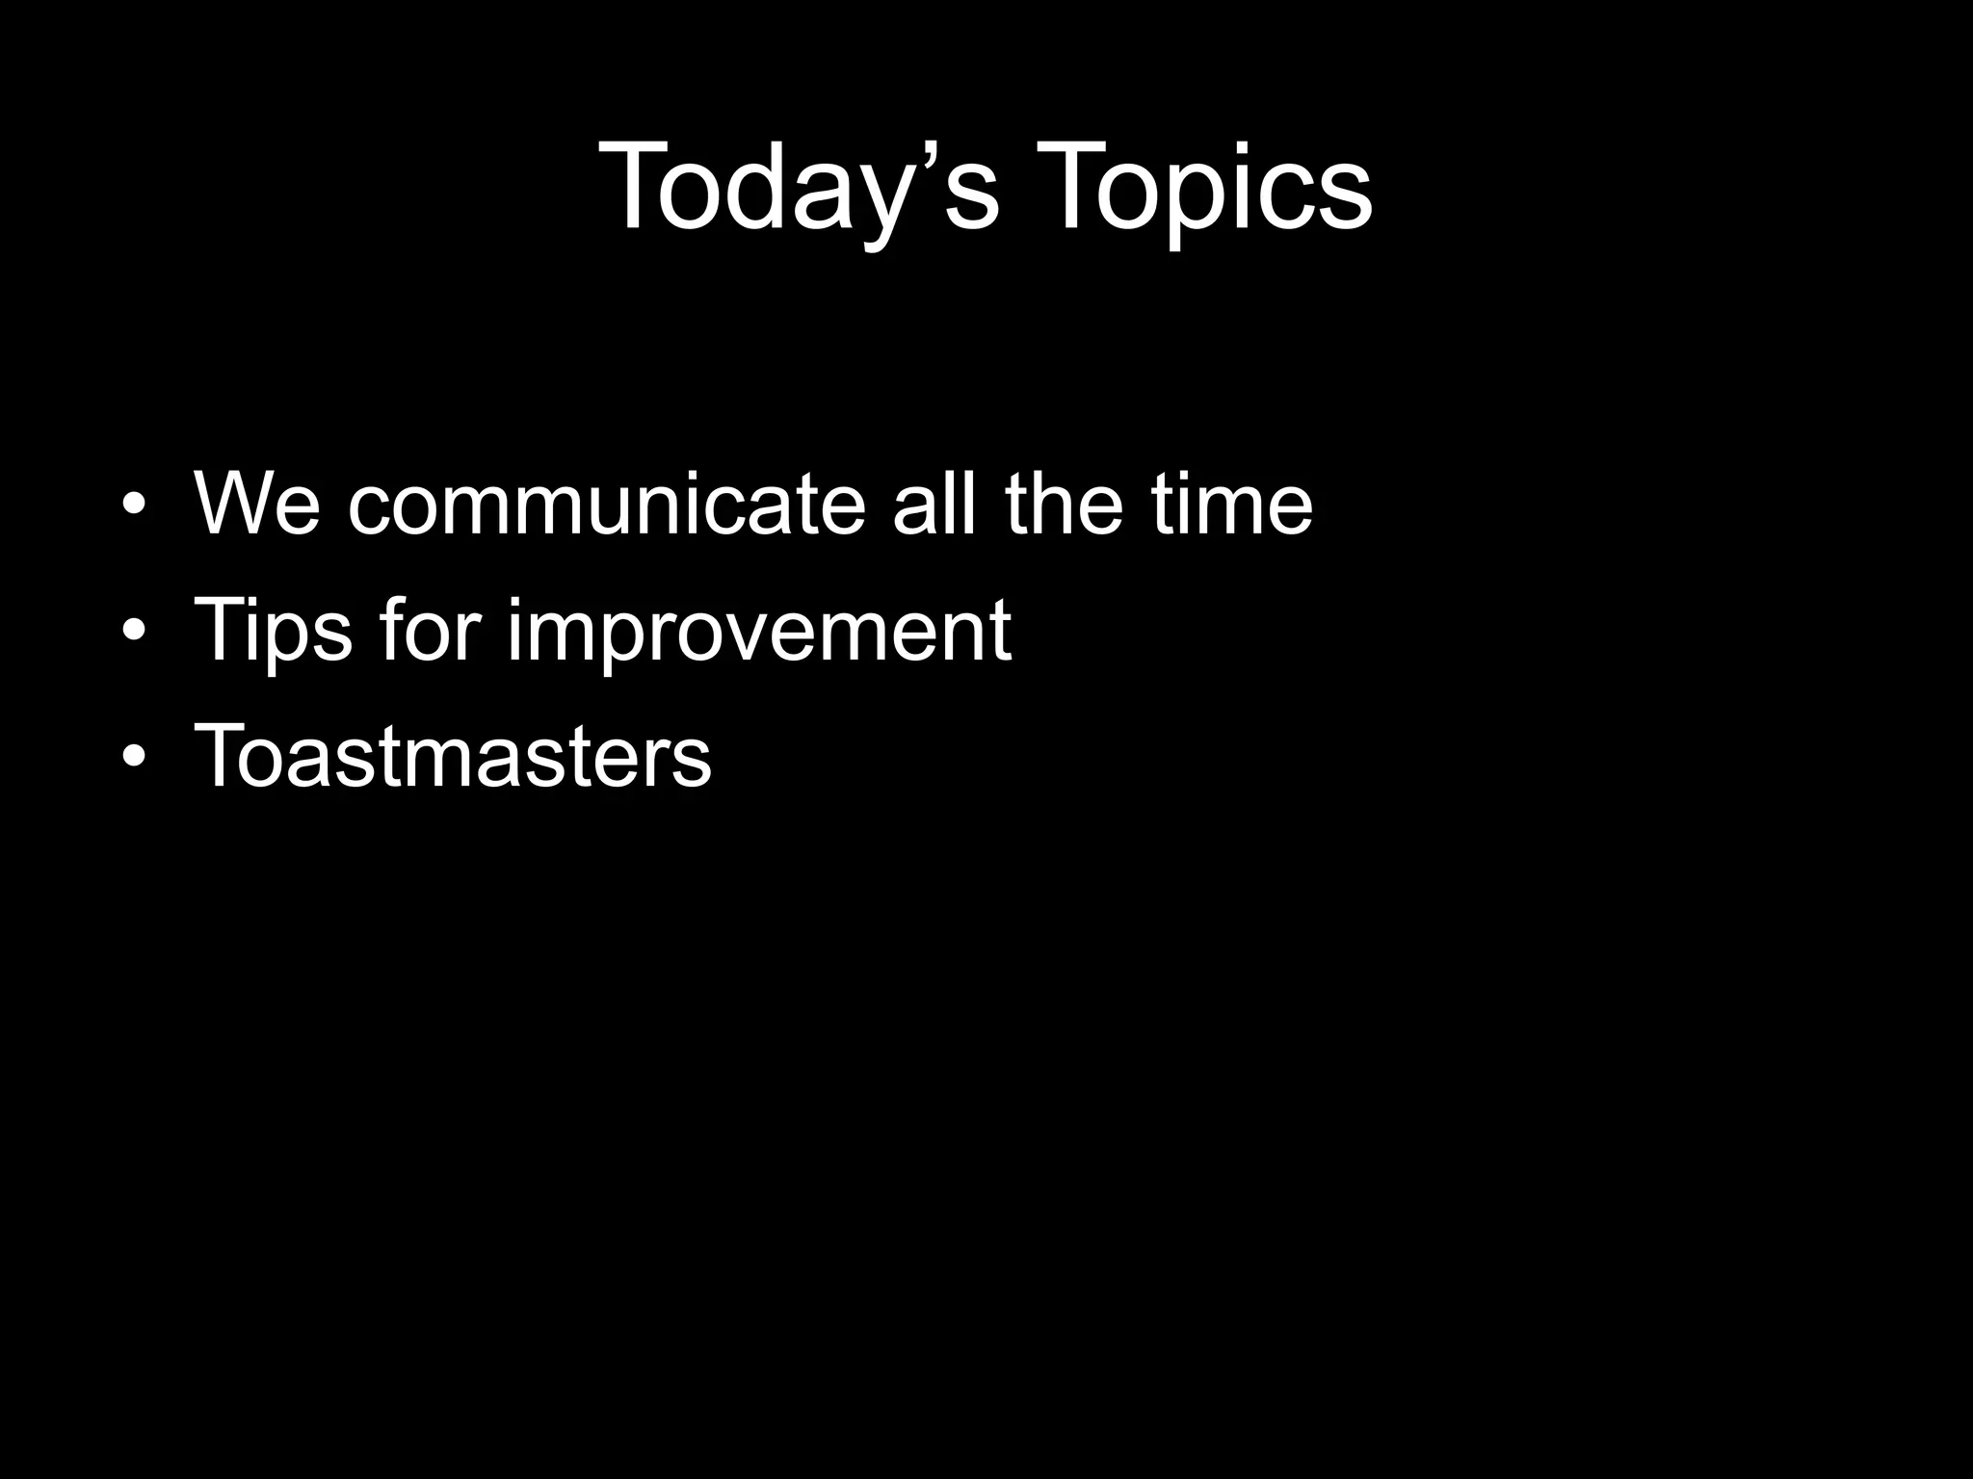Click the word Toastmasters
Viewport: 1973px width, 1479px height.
tap(453, 755)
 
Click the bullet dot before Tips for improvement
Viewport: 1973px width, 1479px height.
tap(134, 632)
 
